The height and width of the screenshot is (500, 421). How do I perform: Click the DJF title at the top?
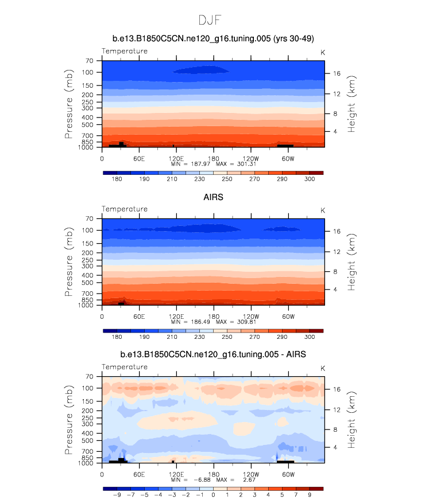click(210, 20)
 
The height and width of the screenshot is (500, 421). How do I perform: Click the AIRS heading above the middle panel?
click(213, 197)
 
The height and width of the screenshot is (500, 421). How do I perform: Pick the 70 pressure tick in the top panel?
click(90, 60)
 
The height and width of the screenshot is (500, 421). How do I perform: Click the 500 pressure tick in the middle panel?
click(87, 282)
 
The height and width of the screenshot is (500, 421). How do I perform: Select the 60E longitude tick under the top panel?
click(138, 158)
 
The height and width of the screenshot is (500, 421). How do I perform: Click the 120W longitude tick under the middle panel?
click(250, 316)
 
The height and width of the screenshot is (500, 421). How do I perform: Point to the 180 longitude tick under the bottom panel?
click(213, 474)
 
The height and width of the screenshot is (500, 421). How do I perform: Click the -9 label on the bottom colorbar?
click(117, 494)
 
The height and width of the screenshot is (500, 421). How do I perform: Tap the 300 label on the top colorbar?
click(309, 179)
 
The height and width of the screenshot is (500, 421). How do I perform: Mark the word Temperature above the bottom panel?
click(125, 367)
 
